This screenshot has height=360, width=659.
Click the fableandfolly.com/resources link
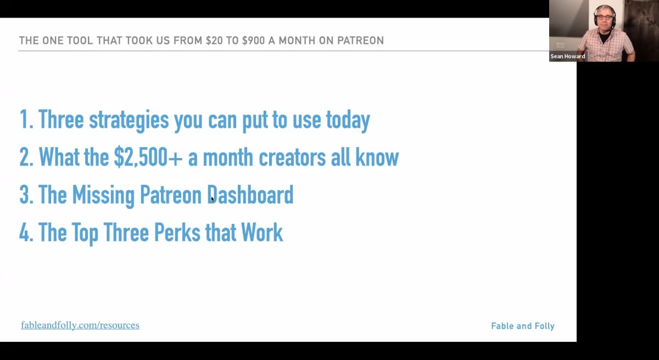80,325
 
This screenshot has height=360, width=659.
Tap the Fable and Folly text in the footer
522,326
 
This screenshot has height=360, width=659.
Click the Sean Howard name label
568,57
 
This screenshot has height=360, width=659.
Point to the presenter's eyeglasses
604,17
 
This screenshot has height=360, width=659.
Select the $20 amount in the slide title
214,41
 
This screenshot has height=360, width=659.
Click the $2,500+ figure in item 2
148,158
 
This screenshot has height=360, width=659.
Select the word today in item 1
347,120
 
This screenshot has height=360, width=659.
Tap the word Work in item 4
262,233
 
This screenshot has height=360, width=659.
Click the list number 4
25,233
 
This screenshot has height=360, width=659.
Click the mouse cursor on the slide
212,199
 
